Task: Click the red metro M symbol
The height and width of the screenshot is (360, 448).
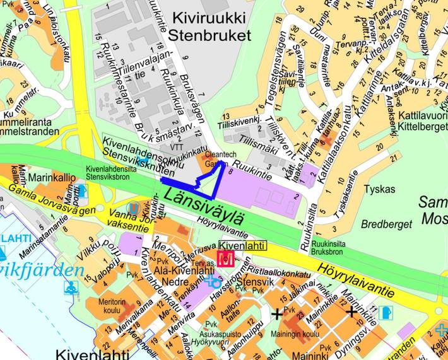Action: pos(226,258)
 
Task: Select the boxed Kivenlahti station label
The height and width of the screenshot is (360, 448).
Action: pos(242,245)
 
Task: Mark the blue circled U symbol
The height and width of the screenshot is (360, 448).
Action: pos(133,207)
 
